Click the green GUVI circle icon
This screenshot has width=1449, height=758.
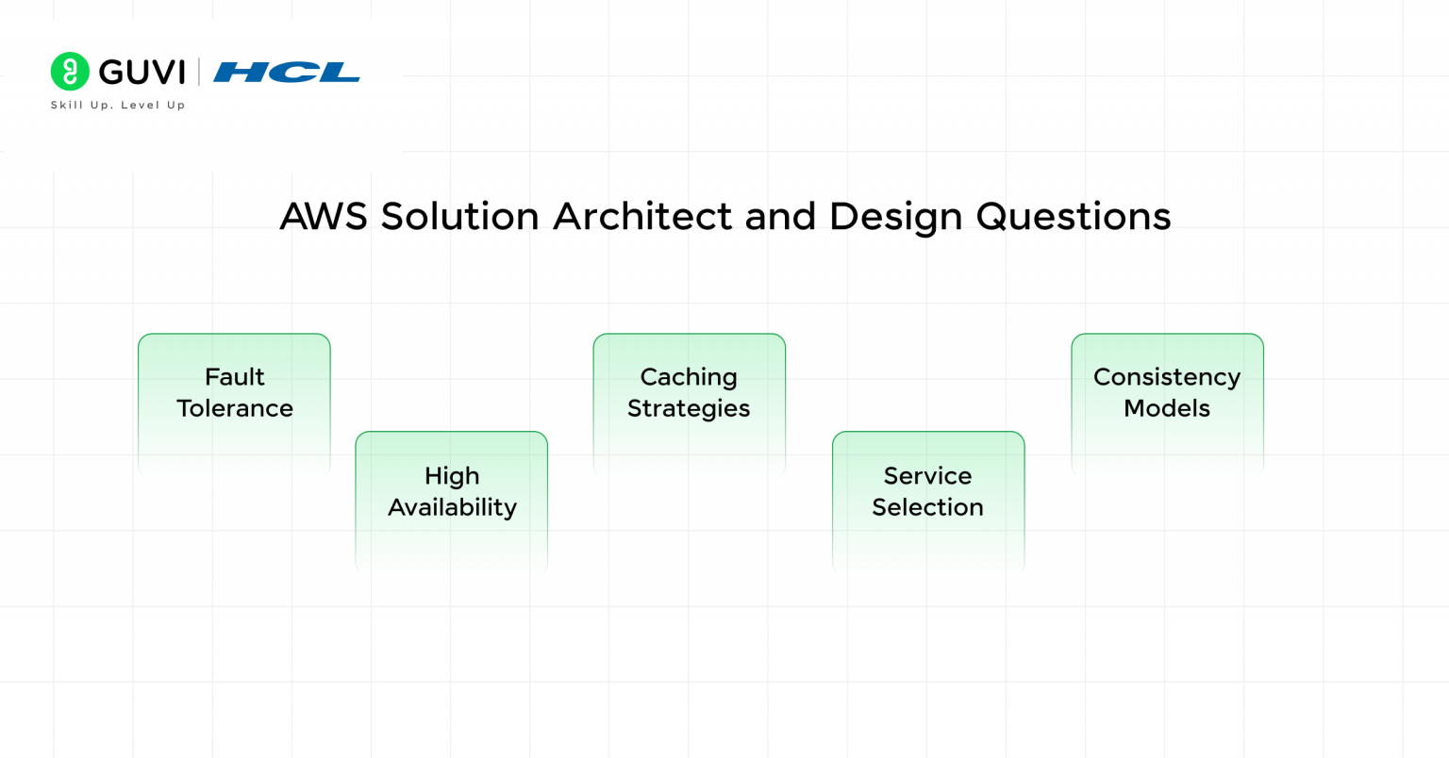pos(70,72)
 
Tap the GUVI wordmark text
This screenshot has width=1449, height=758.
pos(142,73)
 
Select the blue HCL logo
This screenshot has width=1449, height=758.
pos(287,73)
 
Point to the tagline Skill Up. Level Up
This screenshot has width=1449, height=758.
pos(118,106)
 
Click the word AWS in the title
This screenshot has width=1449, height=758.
pos(324,217)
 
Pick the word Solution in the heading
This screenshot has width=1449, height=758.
pos(459,217)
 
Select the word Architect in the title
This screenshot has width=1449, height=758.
pos(642,217)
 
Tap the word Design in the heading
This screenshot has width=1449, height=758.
pos(896,217)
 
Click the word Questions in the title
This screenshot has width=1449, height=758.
pos(1074,217)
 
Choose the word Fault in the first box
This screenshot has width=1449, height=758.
pos(235,377)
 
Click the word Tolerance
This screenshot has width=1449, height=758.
pos(235,408)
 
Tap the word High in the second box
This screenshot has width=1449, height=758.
pos(452,476)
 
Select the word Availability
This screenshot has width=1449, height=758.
pos(452,507)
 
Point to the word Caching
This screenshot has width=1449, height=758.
pos(689,377)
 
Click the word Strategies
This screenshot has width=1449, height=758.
pos(689,408)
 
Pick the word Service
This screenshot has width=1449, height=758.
pos(927,476)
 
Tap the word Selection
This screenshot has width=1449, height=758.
pos(927,507)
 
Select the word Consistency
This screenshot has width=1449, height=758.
pos(1167,377)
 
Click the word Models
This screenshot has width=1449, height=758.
pos(1167,408)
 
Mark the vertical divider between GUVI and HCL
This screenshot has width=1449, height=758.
pos(199,73)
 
